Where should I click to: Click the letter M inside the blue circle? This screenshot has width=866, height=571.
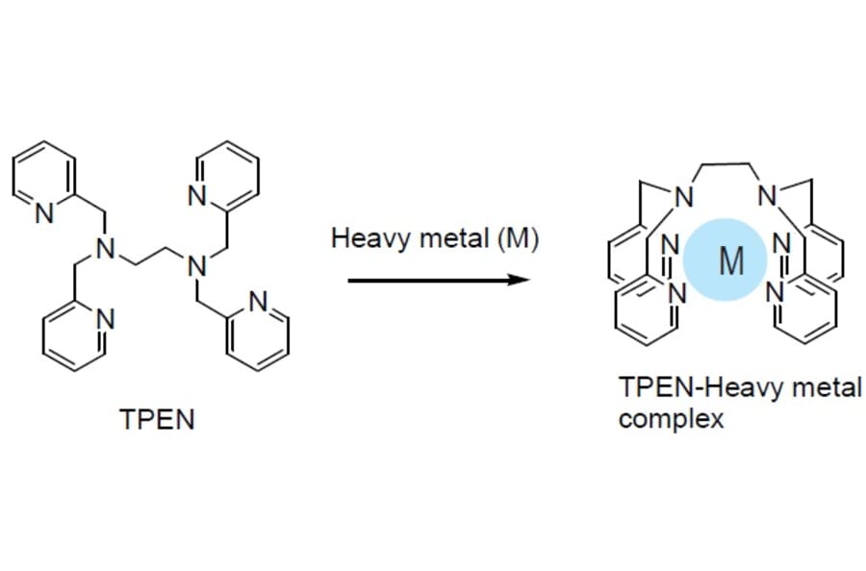coord(732,261)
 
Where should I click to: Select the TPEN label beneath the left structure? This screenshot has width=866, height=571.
coord(158,420)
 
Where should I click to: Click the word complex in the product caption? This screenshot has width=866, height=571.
coord(671,419)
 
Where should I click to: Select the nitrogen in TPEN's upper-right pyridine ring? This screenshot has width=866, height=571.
coord(198,197)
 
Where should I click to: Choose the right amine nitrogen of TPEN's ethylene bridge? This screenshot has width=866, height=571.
coord(197,269)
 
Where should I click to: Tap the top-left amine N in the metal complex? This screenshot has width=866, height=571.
coord(684,198)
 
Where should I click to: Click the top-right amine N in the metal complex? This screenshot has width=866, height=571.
coord(767,198)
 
